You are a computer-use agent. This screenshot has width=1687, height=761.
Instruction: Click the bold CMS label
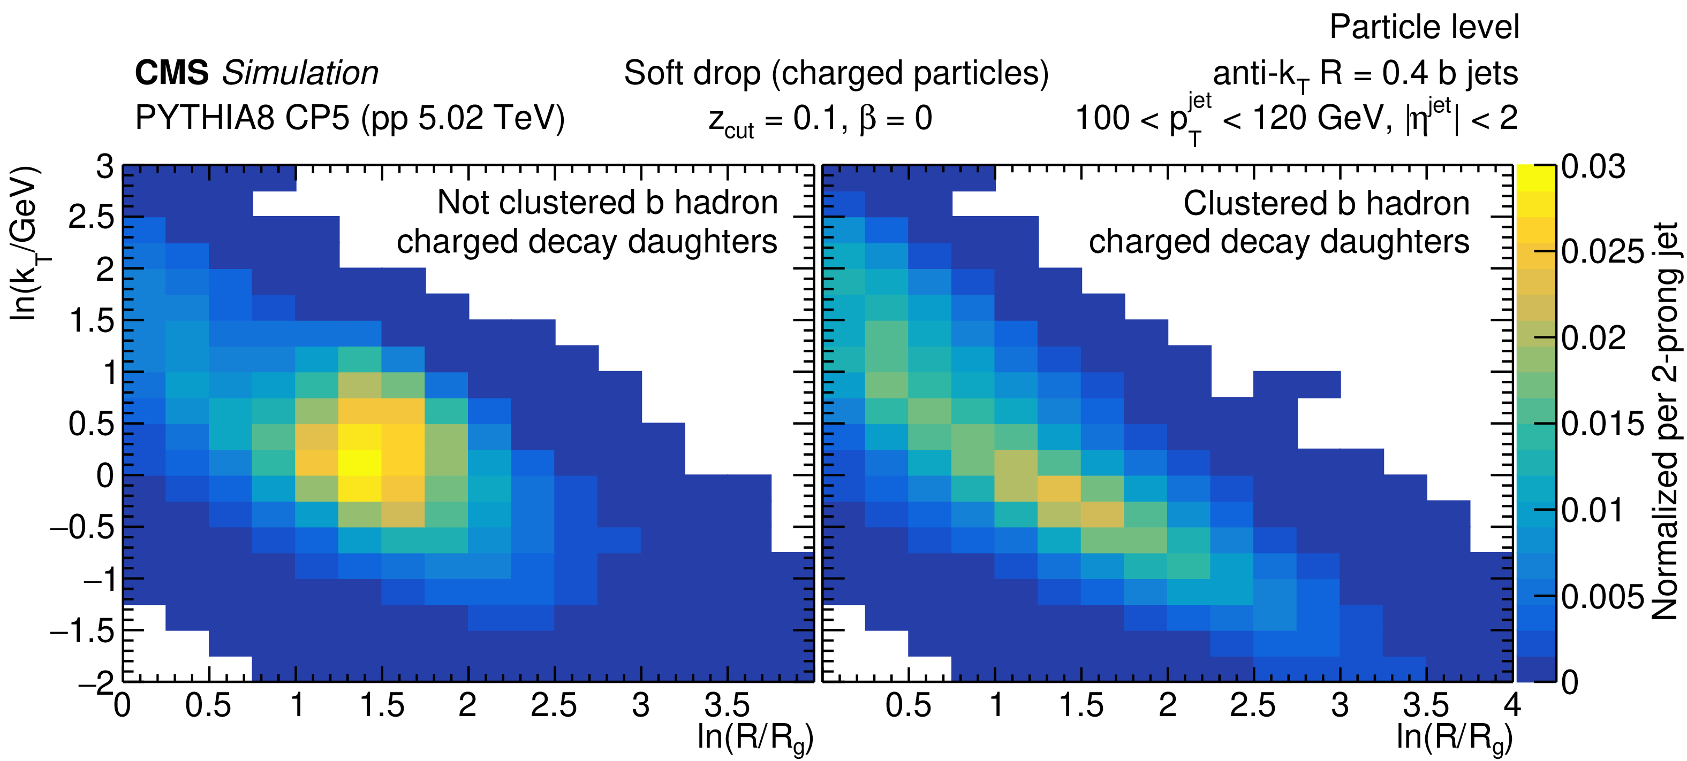171,73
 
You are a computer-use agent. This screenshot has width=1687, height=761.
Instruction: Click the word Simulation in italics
300,73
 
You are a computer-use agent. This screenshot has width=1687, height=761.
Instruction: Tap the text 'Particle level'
1424,27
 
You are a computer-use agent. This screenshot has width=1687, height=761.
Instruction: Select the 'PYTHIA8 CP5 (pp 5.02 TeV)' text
350,118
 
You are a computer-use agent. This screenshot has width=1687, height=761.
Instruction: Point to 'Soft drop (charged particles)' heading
836,73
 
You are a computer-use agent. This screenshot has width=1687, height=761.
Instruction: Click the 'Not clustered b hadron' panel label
607,202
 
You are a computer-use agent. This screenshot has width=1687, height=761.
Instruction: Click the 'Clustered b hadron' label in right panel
1326,204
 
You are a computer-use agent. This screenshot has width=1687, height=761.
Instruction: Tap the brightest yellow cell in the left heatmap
360,462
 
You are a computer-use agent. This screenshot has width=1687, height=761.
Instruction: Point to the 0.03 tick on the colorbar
1593,167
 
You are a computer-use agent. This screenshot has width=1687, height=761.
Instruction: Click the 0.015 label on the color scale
1602,424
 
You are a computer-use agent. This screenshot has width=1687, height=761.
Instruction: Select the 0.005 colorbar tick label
1602,596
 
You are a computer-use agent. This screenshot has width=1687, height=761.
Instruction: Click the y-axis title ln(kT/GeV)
25,243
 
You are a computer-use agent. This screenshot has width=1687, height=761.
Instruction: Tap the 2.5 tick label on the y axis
91,217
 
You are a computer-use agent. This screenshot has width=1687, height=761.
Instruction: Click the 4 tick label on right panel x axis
1512,705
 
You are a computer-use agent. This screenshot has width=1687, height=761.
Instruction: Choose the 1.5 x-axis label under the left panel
382,705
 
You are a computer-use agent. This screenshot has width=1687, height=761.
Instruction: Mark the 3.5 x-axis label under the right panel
1426,705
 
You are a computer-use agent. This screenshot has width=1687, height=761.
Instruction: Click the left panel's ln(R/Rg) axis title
755,738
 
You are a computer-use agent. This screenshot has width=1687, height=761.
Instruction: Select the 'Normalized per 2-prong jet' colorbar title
1666,421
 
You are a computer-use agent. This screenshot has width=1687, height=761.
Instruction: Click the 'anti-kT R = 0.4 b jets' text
1365,74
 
